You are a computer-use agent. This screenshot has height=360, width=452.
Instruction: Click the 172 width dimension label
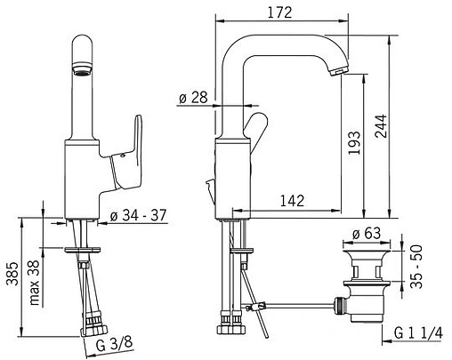tap(279, 12)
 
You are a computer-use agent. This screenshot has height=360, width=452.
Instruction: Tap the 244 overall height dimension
tap(381, 126)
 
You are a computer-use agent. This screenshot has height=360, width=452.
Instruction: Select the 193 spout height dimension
tap(354, 143)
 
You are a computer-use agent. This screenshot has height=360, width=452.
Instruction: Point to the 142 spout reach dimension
tap(292, 201)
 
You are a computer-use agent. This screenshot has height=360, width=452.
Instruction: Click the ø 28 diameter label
tap(193, 97)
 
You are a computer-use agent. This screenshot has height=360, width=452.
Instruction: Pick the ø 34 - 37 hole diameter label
tap(139, 215)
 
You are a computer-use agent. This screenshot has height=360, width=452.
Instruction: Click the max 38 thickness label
tap(35, 283)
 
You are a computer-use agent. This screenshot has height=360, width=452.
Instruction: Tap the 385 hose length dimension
tap(12, 274)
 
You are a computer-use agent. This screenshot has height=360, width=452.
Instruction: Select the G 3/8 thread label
tap(115, 344)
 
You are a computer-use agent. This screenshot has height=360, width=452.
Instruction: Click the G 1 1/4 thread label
tap(418, 333)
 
